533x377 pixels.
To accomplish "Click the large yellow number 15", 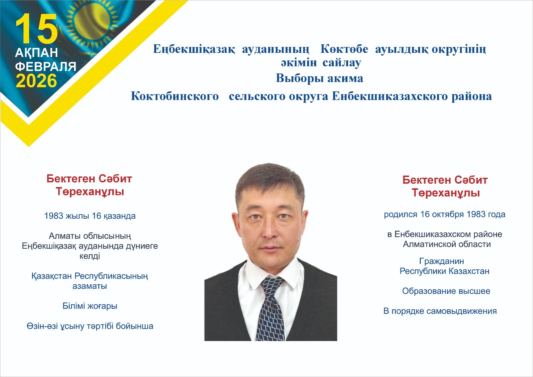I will tap(36, 29).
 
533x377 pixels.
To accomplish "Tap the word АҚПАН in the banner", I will tap(37, 53).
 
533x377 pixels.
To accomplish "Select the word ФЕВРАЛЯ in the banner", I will tap(46, 67).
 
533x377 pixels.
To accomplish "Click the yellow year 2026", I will tap(36, 81).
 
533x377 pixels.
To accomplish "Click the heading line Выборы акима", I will tap(319, 78).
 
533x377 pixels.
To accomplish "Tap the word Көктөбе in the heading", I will tap(344, 49).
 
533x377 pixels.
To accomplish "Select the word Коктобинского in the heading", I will tap(175, 96).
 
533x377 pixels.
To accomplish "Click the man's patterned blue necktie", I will tap(272, 310).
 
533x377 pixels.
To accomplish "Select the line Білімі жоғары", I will tap(90, 306).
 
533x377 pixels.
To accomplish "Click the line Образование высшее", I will tap(446, 291).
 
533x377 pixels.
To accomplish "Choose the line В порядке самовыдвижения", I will tap(440, 311).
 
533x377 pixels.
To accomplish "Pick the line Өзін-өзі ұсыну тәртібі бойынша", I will tap(90, 326).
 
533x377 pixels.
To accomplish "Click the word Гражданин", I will tap(441, 261).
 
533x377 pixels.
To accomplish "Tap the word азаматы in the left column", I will tap(90, 286).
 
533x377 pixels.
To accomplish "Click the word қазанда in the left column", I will tap(120, 216).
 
